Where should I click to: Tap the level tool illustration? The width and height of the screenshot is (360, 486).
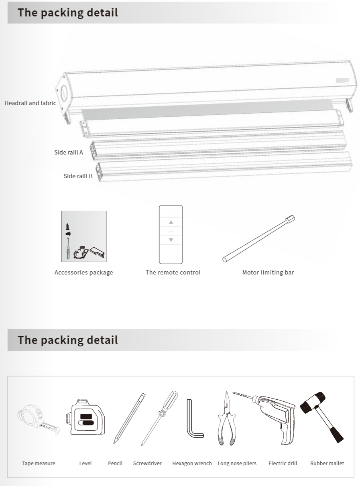point(85,417)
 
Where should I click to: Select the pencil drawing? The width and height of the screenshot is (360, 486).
point(129,419)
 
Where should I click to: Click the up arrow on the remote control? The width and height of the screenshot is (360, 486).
point(171,222)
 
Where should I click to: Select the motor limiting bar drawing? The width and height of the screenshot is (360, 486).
point(258,239)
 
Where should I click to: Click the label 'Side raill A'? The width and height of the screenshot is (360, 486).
point(69,152)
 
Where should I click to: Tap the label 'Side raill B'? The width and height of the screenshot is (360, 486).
point(78,176)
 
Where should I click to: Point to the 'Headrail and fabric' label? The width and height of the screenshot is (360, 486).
point(30,103)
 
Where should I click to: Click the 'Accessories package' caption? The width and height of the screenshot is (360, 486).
point(84,272)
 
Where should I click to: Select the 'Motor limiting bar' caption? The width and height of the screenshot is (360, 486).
point(268,272)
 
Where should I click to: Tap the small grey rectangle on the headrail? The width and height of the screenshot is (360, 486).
point(343,80)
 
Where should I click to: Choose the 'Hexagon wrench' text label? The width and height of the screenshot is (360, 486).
point(192,463)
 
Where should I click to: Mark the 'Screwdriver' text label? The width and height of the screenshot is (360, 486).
point(147,463)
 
